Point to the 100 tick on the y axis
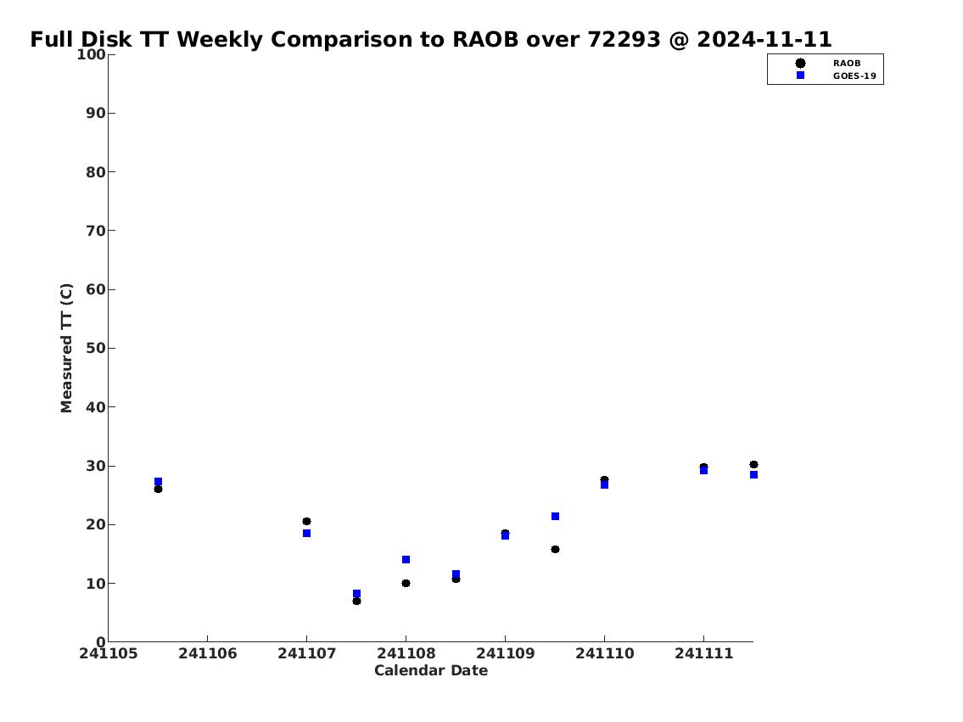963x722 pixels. pyautogui.click(x=91, y=54)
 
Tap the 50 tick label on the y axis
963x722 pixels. pyautogui.click(x=96, y=348)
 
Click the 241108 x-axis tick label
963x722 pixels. pyautogui.click(x=406, y=653)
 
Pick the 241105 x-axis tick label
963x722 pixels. pyautogui.click(x=109, y=653)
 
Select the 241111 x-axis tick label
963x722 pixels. pyautogui.click(x=704, y=653)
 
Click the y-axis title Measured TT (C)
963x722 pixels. pyautogui.click(x=66, y=348)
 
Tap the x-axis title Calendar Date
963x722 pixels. pyautogui.click(x=431, y=670)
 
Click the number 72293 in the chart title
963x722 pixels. pyautogui.click(x=624, y=39)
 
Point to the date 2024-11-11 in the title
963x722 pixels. pyautogui.click(x=764, y=39)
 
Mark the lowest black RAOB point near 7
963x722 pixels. pyautogui.click(x=357, y=601)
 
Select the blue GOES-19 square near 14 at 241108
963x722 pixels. pyautogui.click(x=406, y=560)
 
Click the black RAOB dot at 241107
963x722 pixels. pyautogui.click(x=306, y=521)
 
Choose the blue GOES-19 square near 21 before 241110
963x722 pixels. pyautogui.click(x=555, y=517)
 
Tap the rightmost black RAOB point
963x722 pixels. pyautogui.click(x=753, y=465)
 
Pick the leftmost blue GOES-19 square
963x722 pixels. pyautogui.click(x=158, y=481)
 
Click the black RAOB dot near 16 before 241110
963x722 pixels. pyautogui.click(x=555, y=550)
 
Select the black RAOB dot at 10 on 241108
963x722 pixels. pyautogui.click(x=406, y=583)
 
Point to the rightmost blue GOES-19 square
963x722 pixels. pyautogui.click(x=753, y=474)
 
